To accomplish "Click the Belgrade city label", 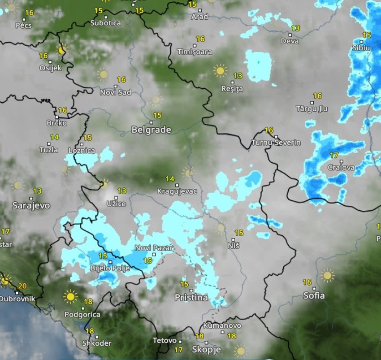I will click(151, 130).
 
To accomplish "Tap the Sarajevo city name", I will click(31, 206).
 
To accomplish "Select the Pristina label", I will click(191, 297).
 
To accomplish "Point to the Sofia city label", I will click(314, 296).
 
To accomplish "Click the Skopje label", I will click(206, 349).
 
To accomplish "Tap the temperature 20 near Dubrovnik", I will click(22, 286).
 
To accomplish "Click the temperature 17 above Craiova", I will click(333, 156).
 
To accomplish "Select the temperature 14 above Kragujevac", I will click(169, 179).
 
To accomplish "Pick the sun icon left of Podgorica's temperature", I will click(70, 296).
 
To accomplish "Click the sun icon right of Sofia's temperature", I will click(328, 275).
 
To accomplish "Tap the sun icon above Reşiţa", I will click(220, 70).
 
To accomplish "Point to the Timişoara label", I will click(195, 52).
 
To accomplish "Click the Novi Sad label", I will click(116, 92).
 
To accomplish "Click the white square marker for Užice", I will click(116, 197).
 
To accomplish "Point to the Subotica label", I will click(105, 23).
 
